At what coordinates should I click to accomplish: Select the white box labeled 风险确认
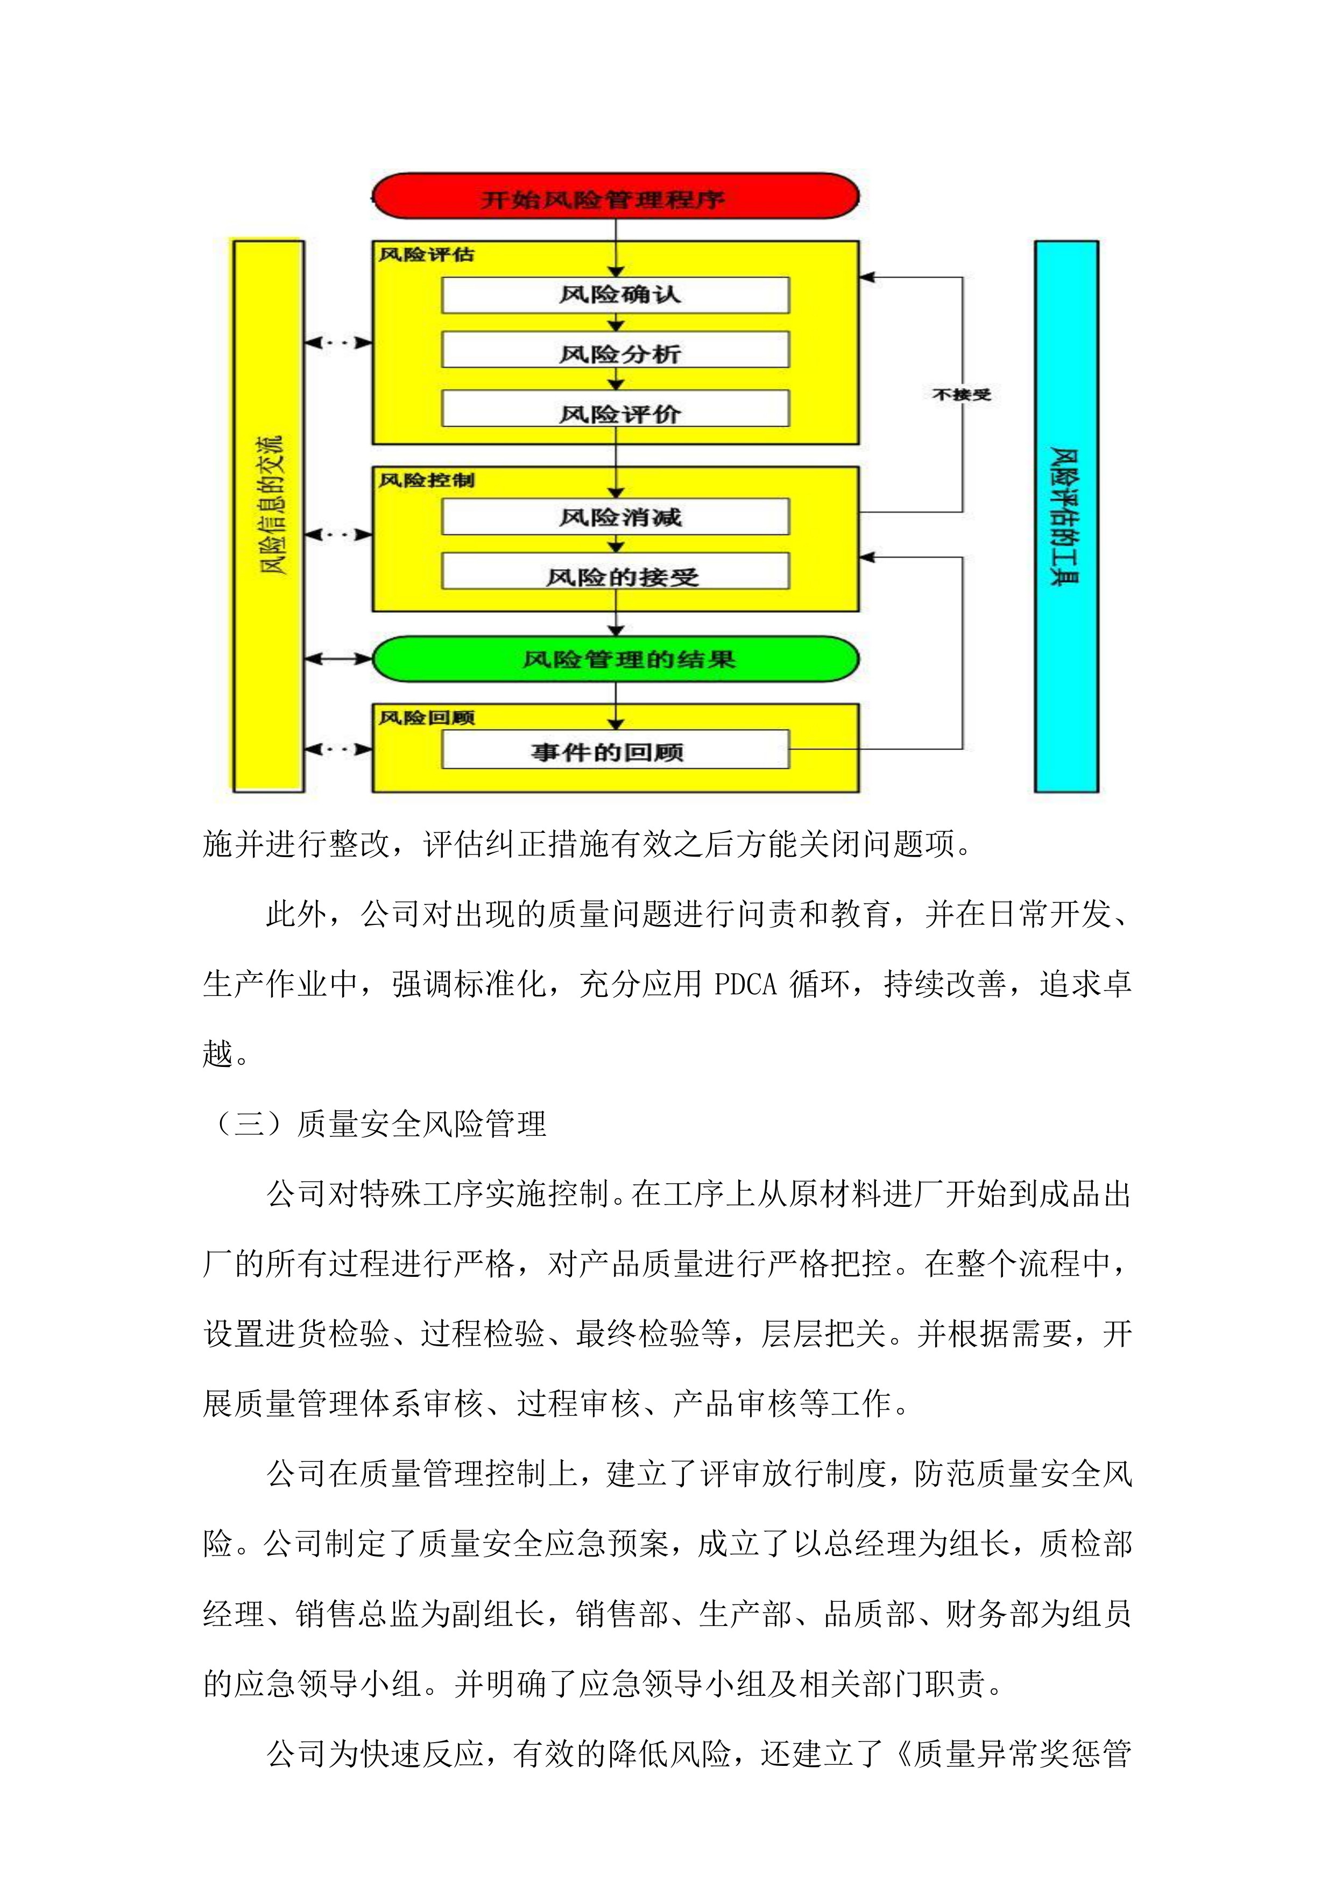pyautogui.click(x=615, y=294)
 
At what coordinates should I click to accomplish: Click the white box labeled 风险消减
pyautogui.click(x=615, y=517)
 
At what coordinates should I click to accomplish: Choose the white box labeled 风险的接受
pyautogui.click(x=615, y=572)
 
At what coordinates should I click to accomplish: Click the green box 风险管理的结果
pyautogui.click(x=615, y=659)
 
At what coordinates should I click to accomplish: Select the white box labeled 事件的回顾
pyautogui.click(x=615, y=750)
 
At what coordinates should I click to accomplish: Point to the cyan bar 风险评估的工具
pyautogui.click(x=1066, y=517)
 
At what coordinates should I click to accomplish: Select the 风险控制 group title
pyautogui.click(x=426, y=480)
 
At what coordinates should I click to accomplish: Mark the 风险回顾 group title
pyautogui.click(x=426, y=718)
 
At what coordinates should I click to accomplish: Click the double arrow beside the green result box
pyautogui.click(x=338, y=659)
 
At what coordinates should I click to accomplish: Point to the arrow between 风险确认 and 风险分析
pyautogui.click(x=615, y=322)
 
